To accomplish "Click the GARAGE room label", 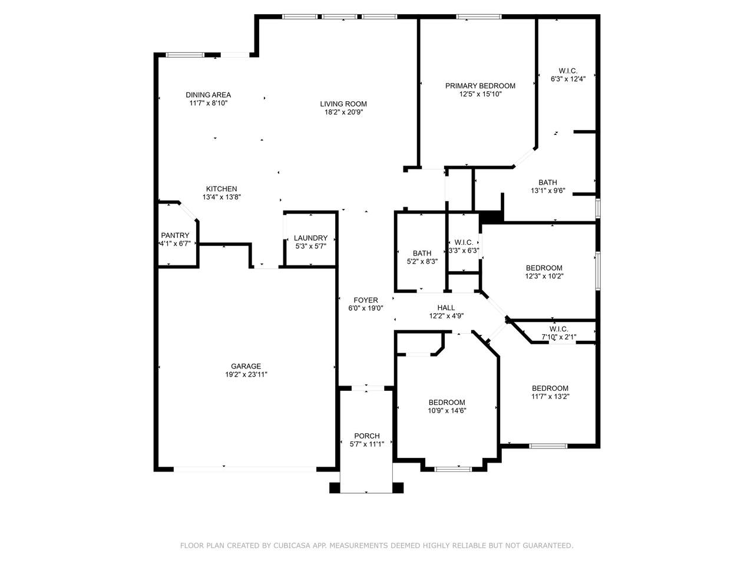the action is pos(246,366).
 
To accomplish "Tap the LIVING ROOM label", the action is pos(343,104).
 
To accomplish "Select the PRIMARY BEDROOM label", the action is pos(480,86).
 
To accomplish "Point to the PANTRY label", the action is pos(175,235).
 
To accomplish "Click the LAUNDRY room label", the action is pos(310,238).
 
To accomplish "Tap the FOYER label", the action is pos(365,300).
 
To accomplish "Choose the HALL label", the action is pos(447,308).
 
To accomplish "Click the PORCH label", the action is pos(367,436).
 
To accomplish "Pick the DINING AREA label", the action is pos(208,95).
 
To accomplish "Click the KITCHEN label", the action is pos(221,189).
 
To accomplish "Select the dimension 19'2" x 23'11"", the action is pos(246,374).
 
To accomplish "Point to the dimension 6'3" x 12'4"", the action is pos(568,79).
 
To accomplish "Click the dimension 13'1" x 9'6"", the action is pos(548,191).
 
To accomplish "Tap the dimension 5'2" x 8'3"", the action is pos(422,261).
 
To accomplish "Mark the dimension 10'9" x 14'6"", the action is pos(447,411).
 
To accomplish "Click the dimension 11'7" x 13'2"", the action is pos(550,397).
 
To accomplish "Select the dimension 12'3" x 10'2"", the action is pos(544,276).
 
